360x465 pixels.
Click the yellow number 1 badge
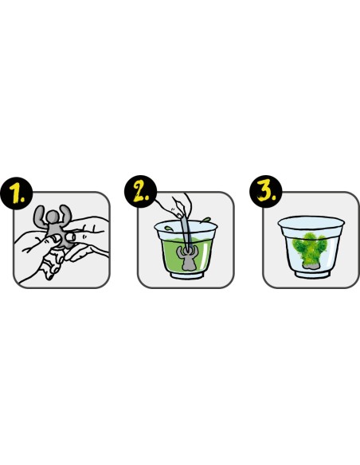coord(16,193)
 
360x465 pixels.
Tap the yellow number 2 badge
coord(140,191)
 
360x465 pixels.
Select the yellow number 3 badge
coord(266,191)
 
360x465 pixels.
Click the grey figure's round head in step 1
coord(53,217)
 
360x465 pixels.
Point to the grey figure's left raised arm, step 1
coord(40,217)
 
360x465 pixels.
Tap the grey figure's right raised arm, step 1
coord(66,214)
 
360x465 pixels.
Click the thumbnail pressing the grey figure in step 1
coord(71,236)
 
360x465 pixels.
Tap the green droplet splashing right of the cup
coord(205,220)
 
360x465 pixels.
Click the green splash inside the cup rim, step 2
coord(168,229)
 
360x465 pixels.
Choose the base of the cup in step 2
coord(186,275)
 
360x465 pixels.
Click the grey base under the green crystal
coord(309,267)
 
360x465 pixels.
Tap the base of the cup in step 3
coord(312,275)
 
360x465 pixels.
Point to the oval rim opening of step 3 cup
coord(311,221)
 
